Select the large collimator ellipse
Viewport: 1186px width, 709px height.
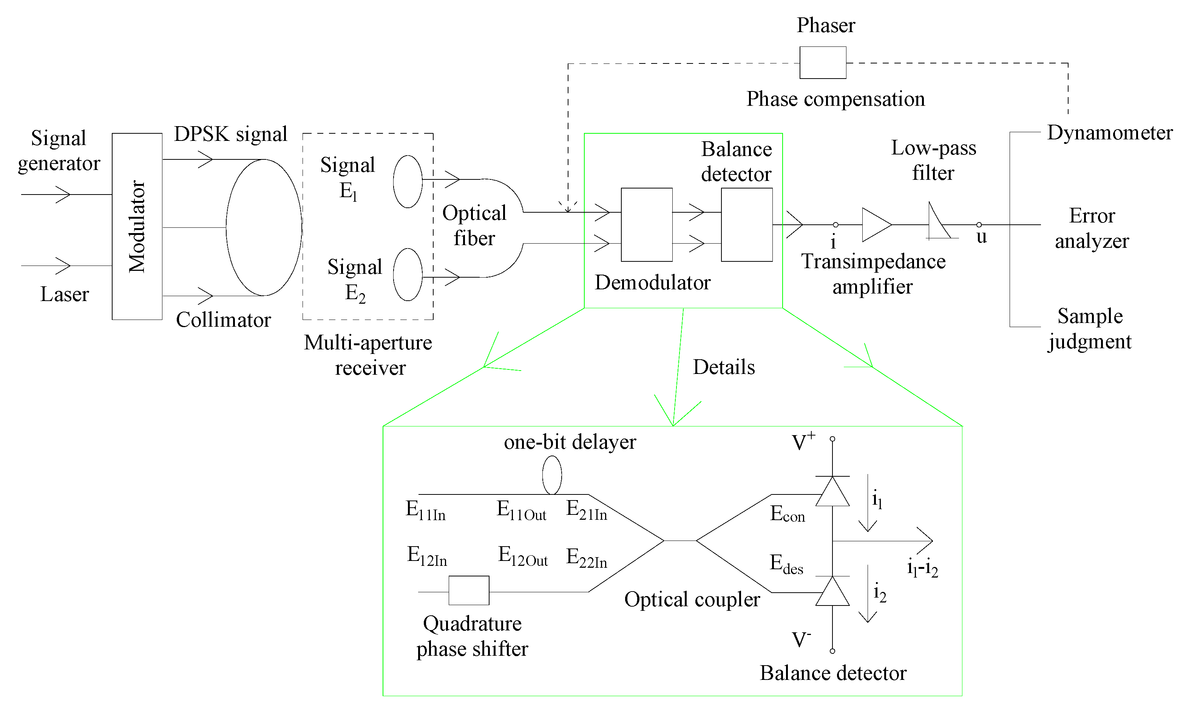coord(226,227)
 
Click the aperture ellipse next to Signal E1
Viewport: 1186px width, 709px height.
coord(393,182)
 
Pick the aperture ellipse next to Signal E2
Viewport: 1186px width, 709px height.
coord(393,274)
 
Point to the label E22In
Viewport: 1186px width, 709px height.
coord(587,558)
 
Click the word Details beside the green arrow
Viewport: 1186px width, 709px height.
coord(724,367)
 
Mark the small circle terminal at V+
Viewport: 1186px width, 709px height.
coord(832,439)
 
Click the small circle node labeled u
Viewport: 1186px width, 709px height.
coord(979,224)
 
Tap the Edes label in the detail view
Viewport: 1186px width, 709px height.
coord(787,564)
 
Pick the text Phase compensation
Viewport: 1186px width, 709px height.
coord(836,99)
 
